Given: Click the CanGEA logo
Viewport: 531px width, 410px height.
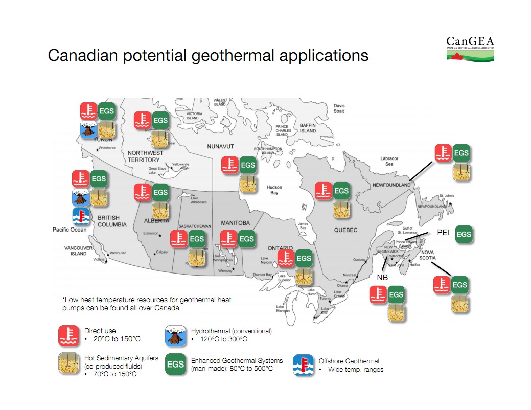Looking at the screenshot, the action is click(x=470, y=49).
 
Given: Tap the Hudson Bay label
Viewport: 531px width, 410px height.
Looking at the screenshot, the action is click(x=274, y=190).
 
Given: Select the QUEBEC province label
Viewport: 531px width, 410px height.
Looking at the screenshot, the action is click(x=345, y=230).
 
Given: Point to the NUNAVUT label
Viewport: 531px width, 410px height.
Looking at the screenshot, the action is click(x=220, y=147).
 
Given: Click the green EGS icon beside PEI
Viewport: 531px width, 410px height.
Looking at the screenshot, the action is click(x=464, y=234).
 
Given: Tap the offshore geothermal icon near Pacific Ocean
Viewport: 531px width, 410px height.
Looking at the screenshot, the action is click(x=81, y=217).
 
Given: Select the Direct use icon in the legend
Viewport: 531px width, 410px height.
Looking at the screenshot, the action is click(x=68, y=335).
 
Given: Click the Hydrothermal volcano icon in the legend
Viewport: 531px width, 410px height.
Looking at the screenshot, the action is click(x=175, y=335).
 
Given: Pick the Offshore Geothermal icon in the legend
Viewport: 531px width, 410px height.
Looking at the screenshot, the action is click(x=303, y=365).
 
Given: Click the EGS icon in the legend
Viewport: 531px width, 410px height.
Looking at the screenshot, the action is click(x=175, y=365).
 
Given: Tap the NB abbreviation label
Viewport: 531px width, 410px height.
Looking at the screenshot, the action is click(x=382, y=277).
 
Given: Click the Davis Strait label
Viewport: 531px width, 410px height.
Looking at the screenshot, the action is click(x=339, y=108).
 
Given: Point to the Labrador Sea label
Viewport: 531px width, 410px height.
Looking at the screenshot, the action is click(x=389, y=162).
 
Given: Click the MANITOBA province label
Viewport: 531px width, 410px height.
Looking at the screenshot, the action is click(x=235, y=223).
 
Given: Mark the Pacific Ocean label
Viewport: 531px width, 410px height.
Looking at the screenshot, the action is click(x=70, y=230).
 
